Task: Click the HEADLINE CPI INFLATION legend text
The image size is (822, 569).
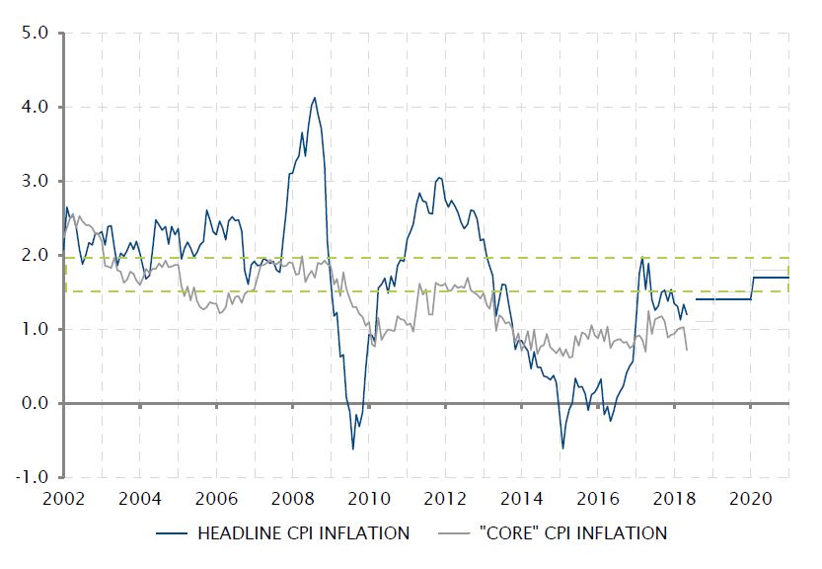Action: (x=304, y=533)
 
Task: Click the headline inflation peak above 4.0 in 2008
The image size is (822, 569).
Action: (x=314, y=98)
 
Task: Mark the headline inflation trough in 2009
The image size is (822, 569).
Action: (x=353, y=449)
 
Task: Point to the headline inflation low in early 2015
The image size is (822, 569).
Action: (x=562, y=448)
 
